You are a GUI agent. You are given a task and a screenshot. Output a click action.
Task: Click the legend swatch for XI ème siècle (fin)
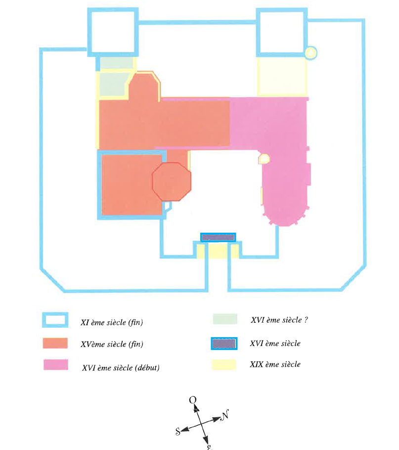pyautogui.click(x=55, y=320)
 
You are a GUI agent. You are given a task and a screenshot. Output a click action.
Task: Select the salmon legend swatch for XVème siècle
pyautogui.click(x=55, y=343)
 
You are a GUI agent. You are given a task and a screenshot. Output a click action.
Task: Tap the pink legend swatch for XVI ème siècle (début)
pyautogui.click(x=55, y=364)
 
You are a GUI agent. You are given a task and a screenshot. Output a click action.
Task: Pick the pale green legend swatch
pyautogui.click(x=225, y=319)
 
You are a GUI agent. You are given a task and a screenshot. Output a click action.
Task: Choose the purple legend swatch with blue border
pyautogui.click(x=224, y=344)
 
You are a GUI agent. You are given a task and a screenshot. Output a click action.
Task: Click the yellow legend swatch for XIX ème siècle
pyautogui.click(x=224, y=364)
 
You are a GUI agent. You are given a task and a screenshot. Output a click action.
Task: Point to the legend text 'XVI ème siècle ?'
pyautogui.click(x=279, y=320)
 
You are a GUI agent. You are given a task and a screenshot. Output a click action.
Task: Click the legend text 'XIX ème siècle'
pyautogui.click(x=275, y=364)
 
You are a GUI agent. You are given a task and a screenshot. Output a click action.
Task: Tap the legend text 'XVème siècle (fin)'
pyautogui.click(x=112, y=344)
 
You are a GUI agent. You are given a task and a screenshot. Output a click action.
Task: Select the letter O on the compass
pyautogui.click(x=193, y=400)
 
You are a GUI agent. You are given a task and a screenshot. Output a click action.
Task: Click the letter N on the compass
pyautogui.click(x=225, y=415)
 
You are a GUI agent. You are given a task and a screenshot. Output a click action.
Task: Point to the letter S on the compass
pyautogui.click(x=178, y=431)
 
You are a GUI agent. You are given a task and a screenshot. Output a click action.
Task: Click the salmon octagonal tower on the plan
pyautogui.click(x=172, y=182)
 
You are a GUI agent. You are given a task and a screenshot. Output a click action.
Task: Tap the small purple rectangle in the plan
pyautogui.click(x=218, y=237)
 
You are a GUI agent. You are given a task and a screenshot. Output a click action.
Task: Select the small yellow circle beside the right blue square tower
pyautogui.click(x=310, y=53)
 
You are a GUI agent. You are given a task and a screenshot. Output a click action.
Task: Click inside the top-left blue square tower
pyautogui.click(x=113, y=32)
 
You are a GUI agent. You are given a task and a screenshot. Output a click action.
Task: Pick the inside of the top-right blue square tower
pyautogui.click(x=281, y=32)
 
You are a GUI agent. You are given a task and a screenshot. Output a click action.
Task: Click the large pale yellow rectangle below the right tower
pyautogui.click(x=282, y=76)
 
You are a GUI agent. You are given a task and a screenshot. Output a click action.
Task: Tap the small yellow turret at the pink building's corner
pyautogui.click(x=265, y=159)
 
